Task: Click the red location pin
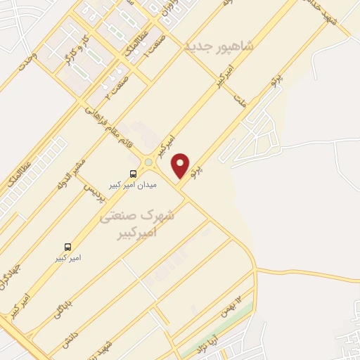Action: pos(181,165)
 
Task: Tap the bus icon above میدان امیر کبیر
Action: pos(133,173)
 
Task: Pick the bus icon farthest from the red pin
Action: pos(68,247)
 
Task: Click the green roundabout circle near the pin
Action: pos(148,164)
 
